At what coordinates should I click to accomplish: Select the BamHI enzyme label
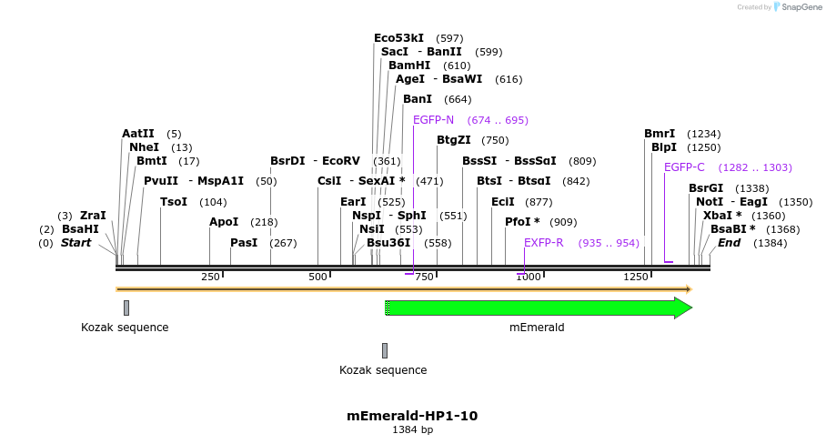click(409, 66)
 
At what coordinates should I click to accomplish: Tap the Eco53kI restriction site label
click(398, 38)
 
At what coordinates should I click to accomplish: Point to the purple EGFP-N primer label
click(433, 120)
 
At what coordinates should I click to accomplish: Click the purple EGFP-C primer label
click(684, 167)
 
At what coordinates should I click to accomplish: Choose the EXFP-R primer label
click(544, 243)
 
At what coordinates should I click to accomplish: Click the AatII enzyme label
click(138, 134)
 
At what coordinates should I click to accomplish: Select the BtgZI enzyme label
click(454, 140)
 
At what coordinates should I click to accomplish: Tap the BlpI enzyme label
click(664, 147)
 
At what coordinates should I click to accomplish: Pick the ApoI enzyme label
click(224, 222)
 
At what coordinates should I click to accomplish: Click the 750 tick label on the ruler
click(423, 277)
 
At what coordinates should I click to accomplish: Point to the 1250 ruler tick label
click(635, 277)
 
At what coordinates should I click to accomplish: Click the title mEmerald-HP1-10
click(412, 416)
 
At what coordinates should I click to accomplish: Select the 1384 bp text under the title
click(412, 429)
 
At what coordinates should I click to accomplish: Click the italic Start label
click(76, 243)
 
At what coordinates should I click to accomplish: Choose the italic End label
click(729, 243)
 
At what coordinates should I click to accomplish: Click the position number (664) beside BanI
click(458, 99)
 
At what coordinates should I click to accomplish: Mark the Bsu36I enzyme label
click(388, 243)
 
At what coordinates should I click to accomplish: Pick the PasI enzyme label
click(245, 243)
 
